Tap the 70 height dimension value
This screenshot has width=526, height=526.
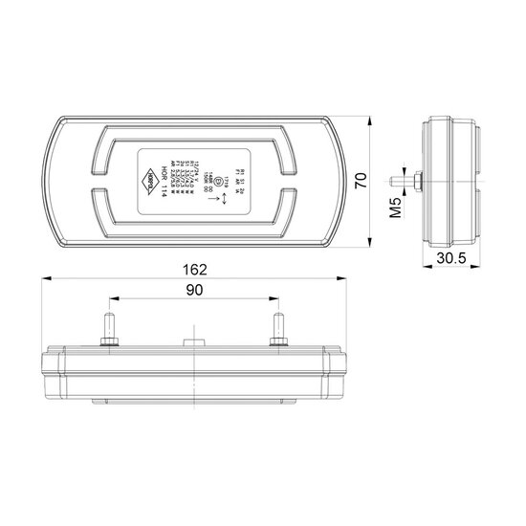tap(362, 182)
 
